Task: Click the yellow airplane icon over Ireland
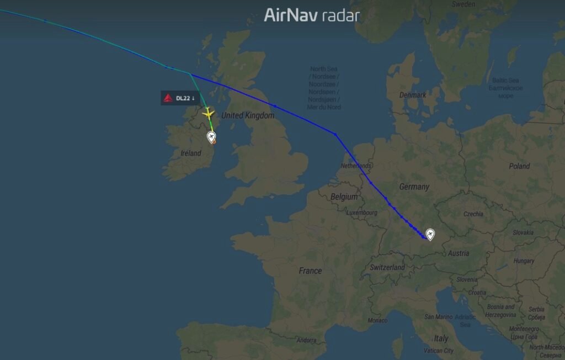(208, 114)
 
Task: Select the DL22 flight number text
(183, 98)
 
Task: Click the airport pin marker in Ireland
(211, 136)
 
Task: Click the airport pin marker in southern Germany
(430, 235)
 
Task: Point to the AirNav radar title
(312, 15)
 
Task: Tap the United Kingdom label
(248, 116)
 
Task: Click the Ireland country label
(191, 153)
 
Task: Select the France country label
(310, 271)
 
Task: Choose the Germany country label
(414, 187)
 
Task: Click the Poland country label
(519, 166)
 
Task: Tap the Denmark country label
(413, 95)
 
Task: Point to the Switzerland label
(387, 267)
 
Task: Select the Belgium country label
(344, 197)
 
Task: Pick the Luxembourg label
(362, 213)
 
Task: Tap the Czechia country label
(473, 214)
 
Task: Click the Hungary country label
(524, 261)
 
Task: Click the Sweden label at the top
(463, 4)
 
